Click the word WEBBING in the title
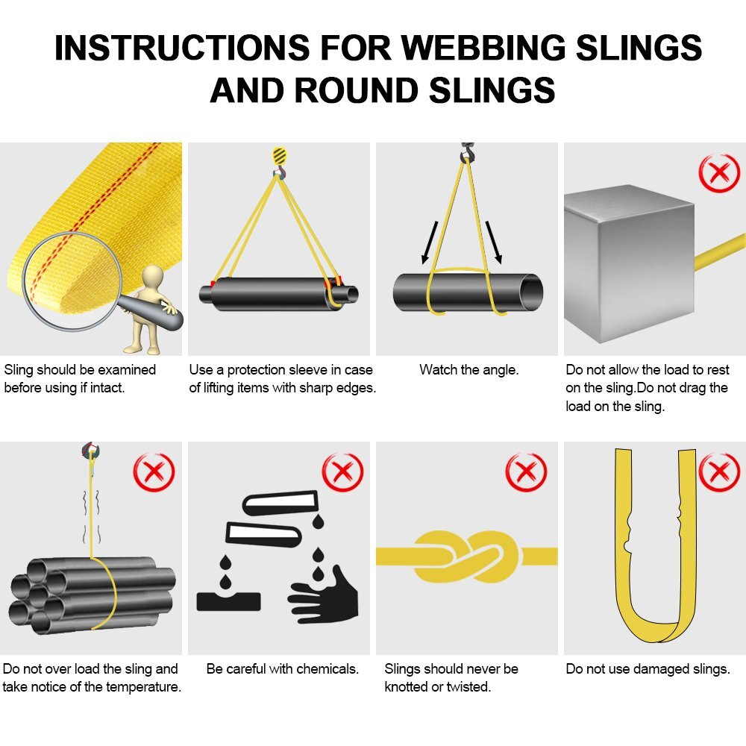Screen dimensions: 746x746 tap(477, 48)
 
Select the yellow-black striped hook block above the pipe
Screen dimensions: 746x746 tap(279, 157)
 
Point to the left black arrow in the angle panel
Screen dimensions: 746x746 tap(430, 242)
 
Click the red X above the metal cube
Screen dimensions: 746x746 tap(718, 173)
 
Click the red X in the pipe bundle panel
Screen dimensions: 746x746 tap(153, 472)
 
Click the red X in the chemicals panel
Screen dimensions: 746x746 tap(342, 472)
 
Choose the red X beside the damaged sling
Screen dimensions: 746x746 tap(718, 472)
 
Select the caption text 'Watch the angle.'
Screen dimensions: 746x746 tap(468, 369)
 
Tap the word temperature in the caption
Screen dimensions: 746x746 tap(142, 687)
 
